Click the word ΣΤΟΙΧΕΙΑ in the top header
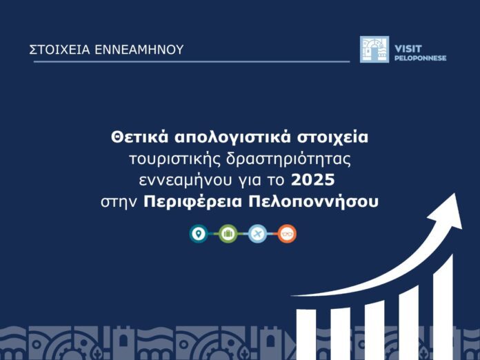click(60, 50)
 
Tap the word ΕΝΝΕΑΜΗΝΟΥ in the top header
click(139, 50)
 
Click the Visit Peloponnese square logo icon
click(374, 49)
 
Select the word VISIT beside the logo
click(408, 49)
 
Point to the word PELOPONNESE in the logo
click(420, 58)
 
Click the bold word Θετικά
click(139, 137)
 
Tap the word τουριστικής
click(174, 160)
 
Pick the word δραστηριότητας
click(288, 159)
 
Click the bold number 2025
click(312, 180)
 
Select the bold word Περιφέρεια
click(193, 202)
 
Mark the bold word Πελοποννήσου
click(314, 202)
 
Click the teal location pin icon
click(199, 234)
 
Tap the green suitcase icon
click(228, 234)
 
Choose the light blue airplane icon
click(257, 234)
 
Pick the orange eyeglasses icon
click(287, 234)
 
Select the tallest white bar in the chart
click(443, 307)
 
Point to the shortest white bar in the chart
click(306, 334)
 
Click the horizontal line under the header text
click(192, 61)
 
